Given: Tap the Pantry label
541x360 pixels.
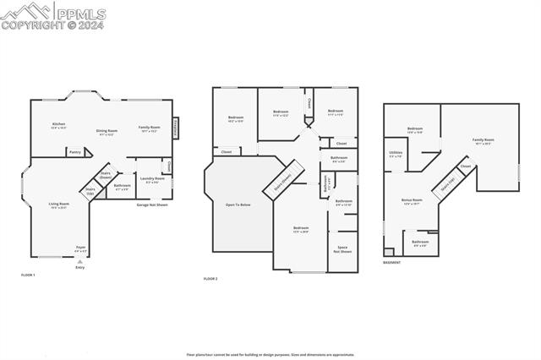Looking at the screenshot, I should [75, 153].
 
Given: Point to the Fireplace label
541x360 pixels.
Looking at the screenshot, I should [176, 128].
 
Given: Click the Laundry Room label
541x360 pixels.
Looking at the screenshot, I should [153, 179].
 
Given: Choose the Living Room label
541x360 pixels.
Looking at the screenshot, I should [58, 205].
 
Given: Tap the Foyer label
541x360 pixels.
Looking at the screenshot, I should [80, 248].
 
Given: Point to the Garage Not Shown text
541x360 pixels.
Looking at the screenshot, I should [152, 205].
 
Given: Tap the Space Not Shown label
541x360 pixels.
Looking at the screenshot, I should [342, 249].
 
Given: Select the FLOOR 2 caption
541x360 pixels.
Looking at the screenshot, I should [210, 278].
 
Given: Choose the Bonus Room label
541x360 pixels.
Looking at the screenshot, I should [413, 202].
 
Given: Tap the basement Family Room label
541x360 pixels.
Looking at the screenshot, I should [484, 141].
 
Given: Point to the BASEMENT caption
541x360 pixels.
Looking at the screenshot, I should [392, 262].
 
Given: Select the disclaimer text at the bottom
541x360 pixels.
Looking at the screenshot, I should [270, 355].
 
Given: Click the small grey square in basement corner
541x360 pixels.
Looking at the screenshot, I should [388, 252].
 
